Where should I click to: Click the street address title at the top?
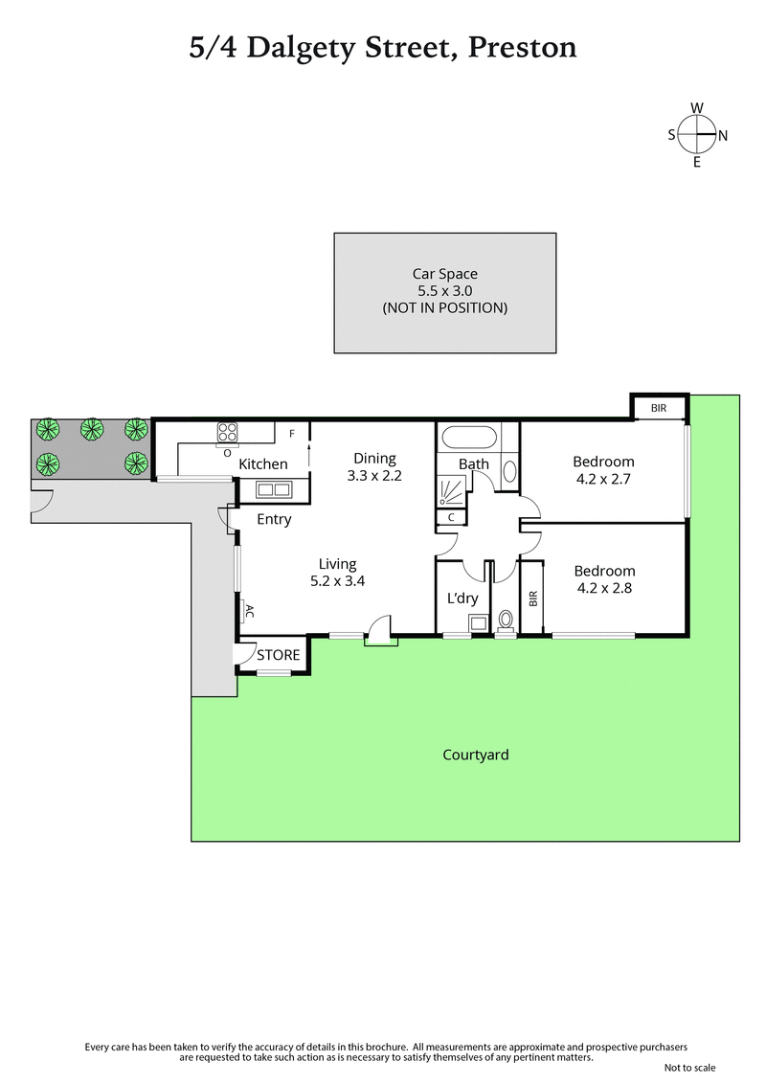383,47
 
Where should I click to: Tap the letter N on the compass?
723,136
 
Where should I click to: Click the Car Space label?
444,274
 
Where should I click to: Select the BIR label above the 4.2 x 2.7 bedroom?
659,408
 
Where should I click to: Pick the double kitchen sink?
274,490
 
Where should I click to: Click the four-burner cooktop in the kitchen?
228,434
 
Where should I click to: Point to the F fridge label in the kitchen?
291,434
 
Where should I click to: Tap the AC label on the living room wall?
248,610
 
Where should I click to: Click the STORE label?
278,656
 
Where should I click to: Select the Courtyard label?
475,755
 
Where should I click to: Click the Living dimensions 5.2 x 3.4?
338,580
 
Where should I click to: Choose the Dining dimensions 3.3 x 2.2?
374,474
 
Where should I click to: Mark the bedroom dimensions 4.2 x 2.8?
603,589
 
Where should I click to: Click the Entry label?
274,520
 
